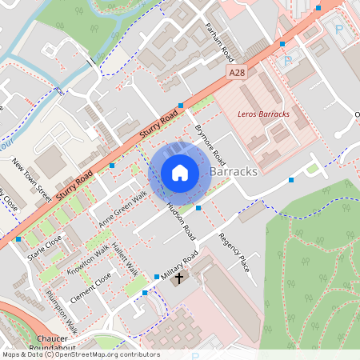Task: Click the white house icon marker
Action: pos(180,172)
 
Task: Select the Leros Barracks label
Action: pos(263,114)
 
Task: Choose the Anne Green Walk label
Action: pos(123,207)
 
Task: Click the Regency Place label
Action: pos(234,253)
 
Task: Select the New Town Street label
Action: pos(32,180)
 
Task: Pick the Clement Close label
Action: pos(90,288)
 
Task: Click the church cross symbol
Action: pos(179,278)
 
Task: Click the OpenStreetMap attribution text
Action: pos(80,354)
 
